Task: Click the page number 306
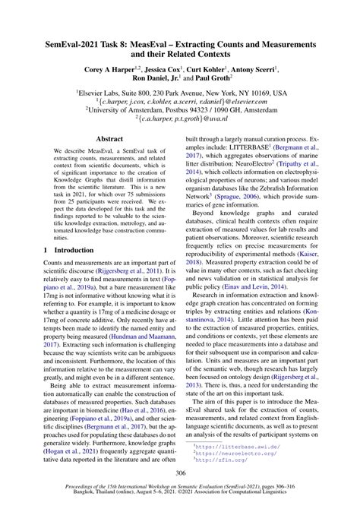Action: tap(180, 470)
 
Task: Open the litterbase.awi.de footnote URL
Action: tap(240, 448)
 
